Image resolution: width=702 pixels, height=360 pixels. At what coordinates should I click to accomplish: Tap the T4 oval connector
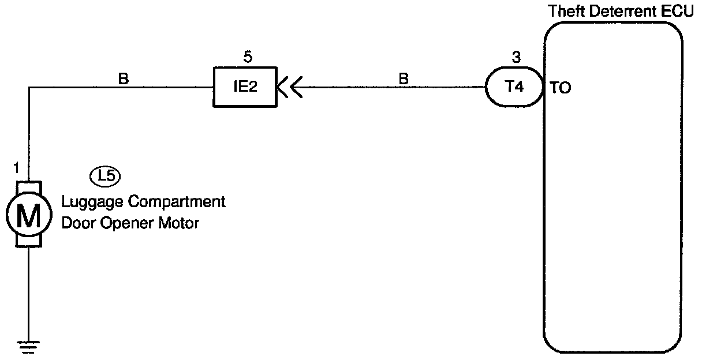[x=514, y=88]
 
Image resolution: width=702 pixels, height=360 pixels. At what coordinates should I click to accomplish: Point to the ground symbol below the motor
[x=28, y=346]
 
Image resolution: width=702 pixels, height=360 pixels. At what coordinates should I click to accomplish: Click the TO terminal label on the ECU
[x=561, y=90]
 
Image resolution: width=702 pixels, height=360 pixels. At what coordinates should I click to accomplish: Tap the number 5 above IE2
[x=248, y=57]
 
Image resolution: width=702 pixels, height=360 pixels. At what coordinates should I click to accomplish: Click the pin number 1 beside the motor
[x=16, y=168]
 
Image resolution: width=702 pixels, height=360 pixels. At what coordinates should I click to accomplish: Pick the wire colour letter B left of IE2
[x=123, y=78]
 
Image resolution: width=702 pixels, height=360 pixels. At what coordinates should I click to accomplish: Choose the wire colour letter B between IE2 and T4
[x=404, y=78]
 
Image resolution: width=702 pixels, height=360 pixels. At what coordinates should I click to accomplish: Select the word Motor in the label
[x=178, y=223]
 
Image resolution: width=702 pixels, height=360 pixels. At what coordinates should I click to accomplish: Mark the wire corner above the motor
[x=28, y=88]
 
